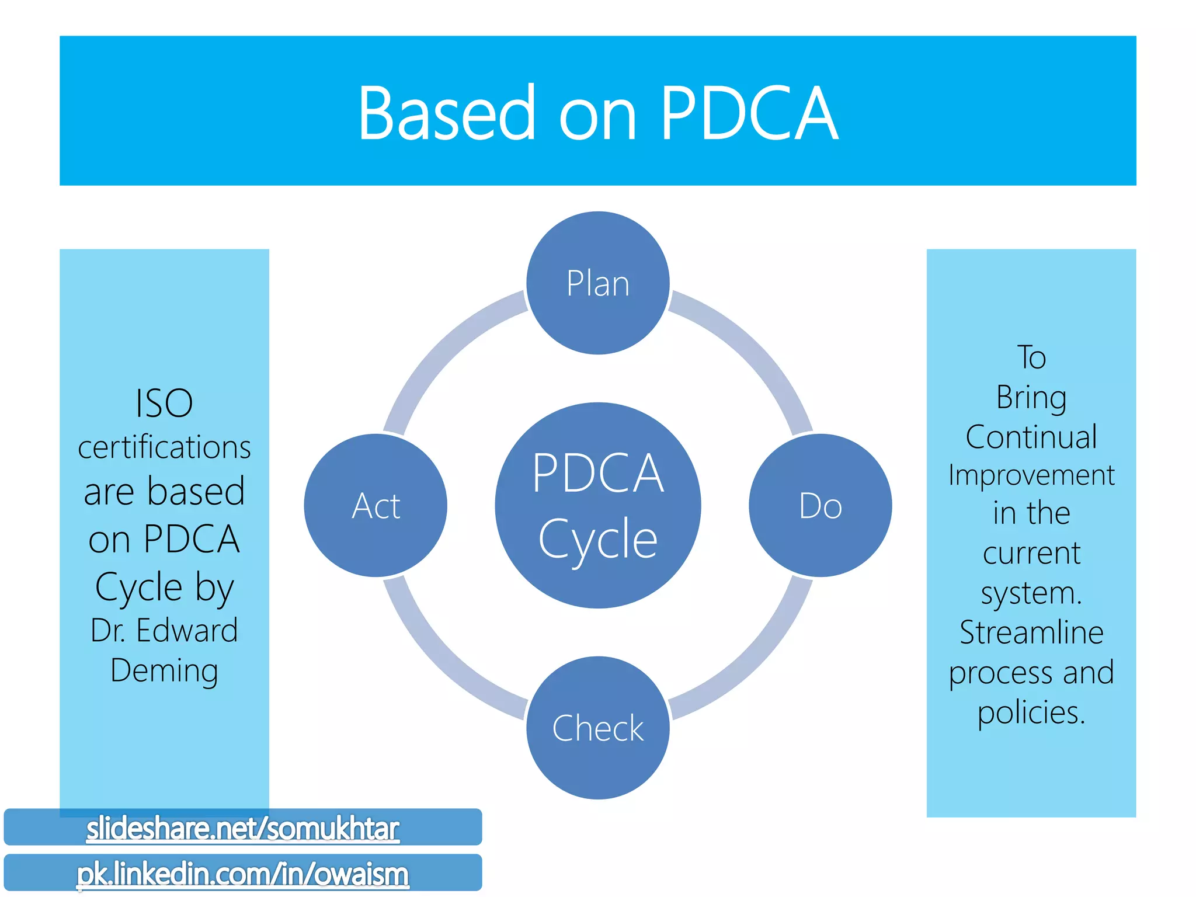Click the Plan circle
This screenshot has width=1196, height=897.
coord(598,283)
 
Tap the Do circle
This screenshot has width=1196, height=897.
coord(820,506)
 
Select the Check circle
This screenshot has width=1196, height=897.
coord(598,728)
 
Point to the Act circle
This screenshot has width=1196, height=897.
coord(376,506)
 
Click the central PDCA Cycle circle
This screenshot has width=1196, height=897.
coord(598,506)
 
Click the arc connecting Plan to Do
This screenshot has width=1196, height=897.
coord(753,350)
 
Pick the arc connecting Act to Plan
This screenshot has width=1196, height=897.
coord(443,350)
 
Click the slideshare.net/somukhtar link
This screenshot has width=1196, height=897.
coord(242,828)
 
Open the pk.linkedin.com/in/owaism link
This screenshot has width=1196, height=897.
coord(242,874)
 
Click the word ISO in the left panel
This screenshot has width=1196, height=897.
coord(164,403)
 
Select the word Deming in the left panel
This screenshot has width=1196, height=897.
coord(164,670)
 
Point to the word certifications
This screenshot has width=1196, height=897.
coord(164,447)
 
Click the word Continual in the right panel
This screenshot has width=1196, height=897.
coord(1031,437)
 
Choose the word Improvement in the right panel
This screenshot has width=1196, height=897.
coord(1031,475)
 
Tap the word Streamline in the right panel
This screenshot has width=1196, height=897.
coord(1031,632)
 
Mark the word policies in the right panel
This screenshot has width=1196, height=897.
coord(1031,713)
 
